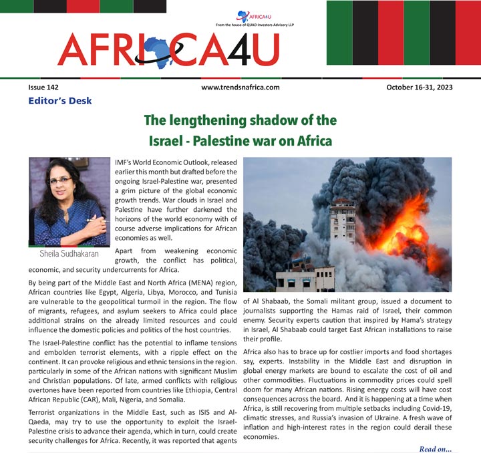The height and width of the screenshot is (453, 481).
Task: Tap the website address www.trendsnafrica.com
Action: [240, 88]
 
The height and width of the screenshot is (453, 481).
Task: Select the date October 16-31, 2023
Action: [419, 88]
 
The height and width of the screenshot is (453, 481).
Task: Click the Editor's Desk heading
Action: [59, 101]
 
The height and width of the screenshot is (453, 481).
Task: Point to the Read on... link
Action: [436, 448]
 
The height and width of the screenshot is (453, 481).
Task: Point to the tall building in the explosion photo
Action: [342, 220]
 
